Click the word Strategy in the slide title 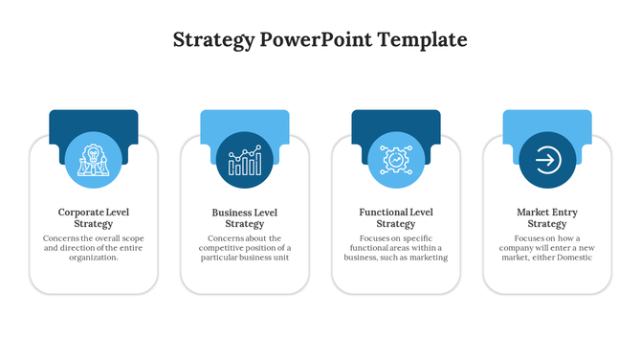pos(213,40)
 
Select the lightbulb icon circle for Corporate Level pos(93,159)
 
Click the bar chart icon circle pos(244,159)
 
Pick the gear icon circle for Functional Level pos(395,159)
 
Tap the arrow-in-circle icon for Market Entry pos(546,159)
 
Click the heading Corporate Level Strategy pos(93,217)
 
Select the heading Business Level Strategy pos(244,217)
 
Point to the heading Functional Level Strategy pos(395,217)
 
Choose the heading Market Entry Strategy pos(546,217)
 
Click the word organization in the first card pos(93,258)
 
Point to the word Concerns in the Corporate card pos(62,237)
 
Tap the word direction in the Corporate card pos(84,248)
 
